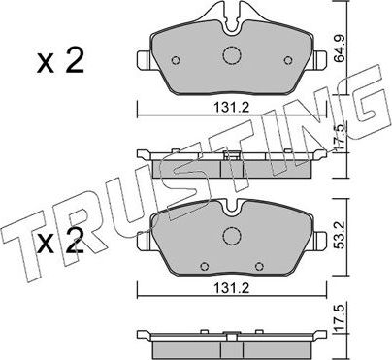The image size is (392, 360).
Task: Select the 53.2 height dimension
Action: (x=365, y=235)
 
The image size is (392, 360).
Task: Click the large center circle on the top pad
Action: (x=231, y=57)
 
